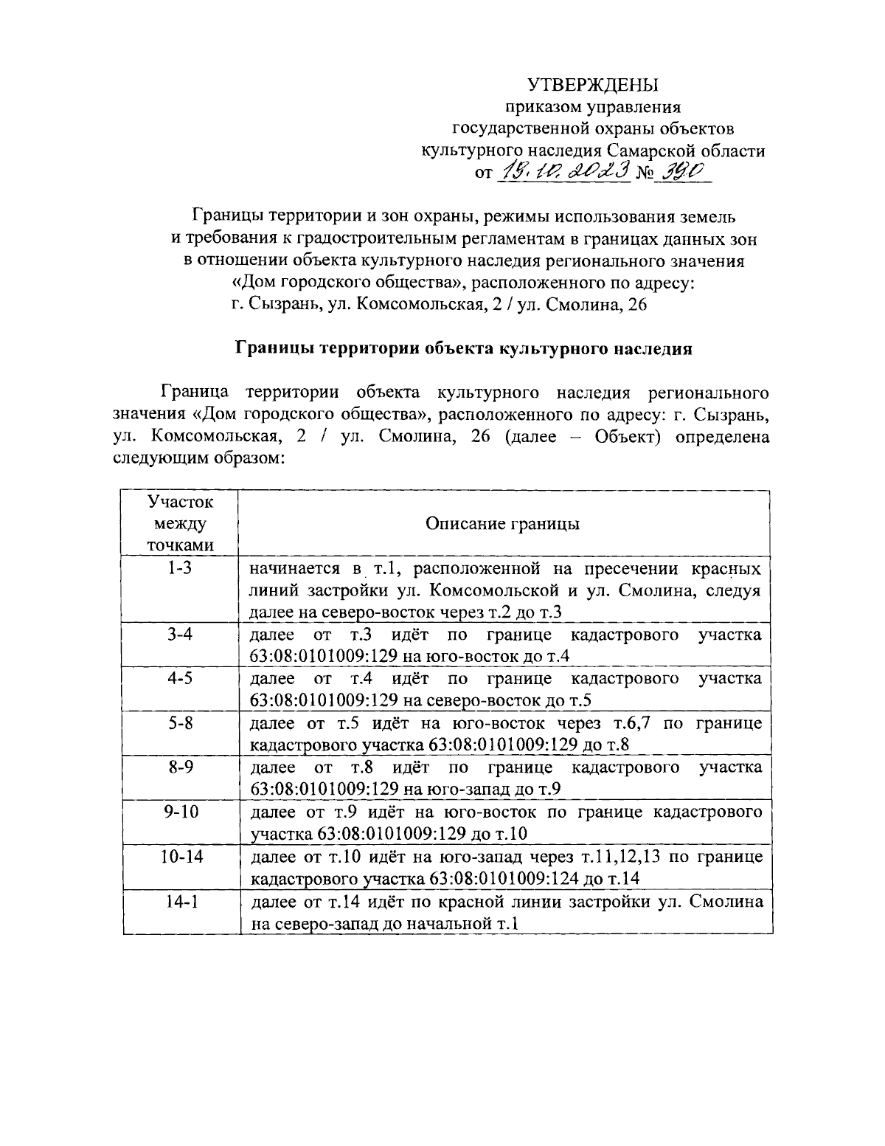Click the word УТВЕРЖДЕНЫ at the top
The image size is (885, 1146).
point(591,86)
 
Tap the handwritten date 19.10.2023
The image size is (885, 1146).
point(564,171)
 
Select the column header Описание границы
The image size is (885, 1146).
point(502,524)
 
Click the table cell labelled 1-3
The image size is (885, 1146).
point(180,569)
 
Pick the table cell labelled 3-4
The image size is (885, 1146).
point(180,634)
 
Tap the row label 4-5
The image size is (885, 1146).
point(180,678)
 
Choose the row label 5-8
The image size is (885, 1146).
point(180,723)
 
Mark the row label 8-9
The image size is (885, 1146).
point(180,767)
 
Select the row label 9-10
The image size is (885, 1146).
point(180,812)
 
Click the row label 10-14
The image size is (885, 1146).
point(180,857)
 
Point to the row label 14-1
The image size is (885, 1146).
point(180,902)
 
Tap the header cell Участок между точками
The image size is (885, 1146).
point(180,524)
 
